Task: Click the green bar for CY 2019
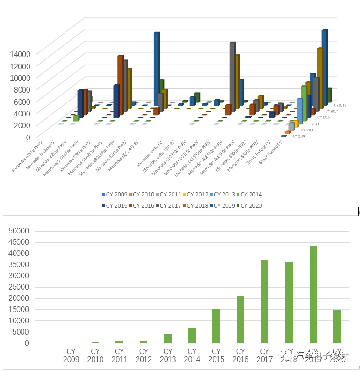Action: point(313,295)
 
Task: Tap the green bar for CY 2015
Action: point(216,326)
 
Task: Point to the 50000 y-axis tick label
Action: point(19,231)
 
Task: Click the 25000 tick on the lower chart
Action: point(19,287)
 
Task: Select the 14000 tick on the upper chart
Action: point(20,54)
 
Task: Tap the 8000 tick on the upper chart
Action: point(22,89)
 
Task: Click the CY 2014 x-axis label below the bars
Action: point(192,355)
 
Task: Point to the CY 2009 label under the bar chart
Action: point(71,355)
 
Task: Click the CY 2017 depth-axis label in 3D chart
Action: point(331,111)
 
